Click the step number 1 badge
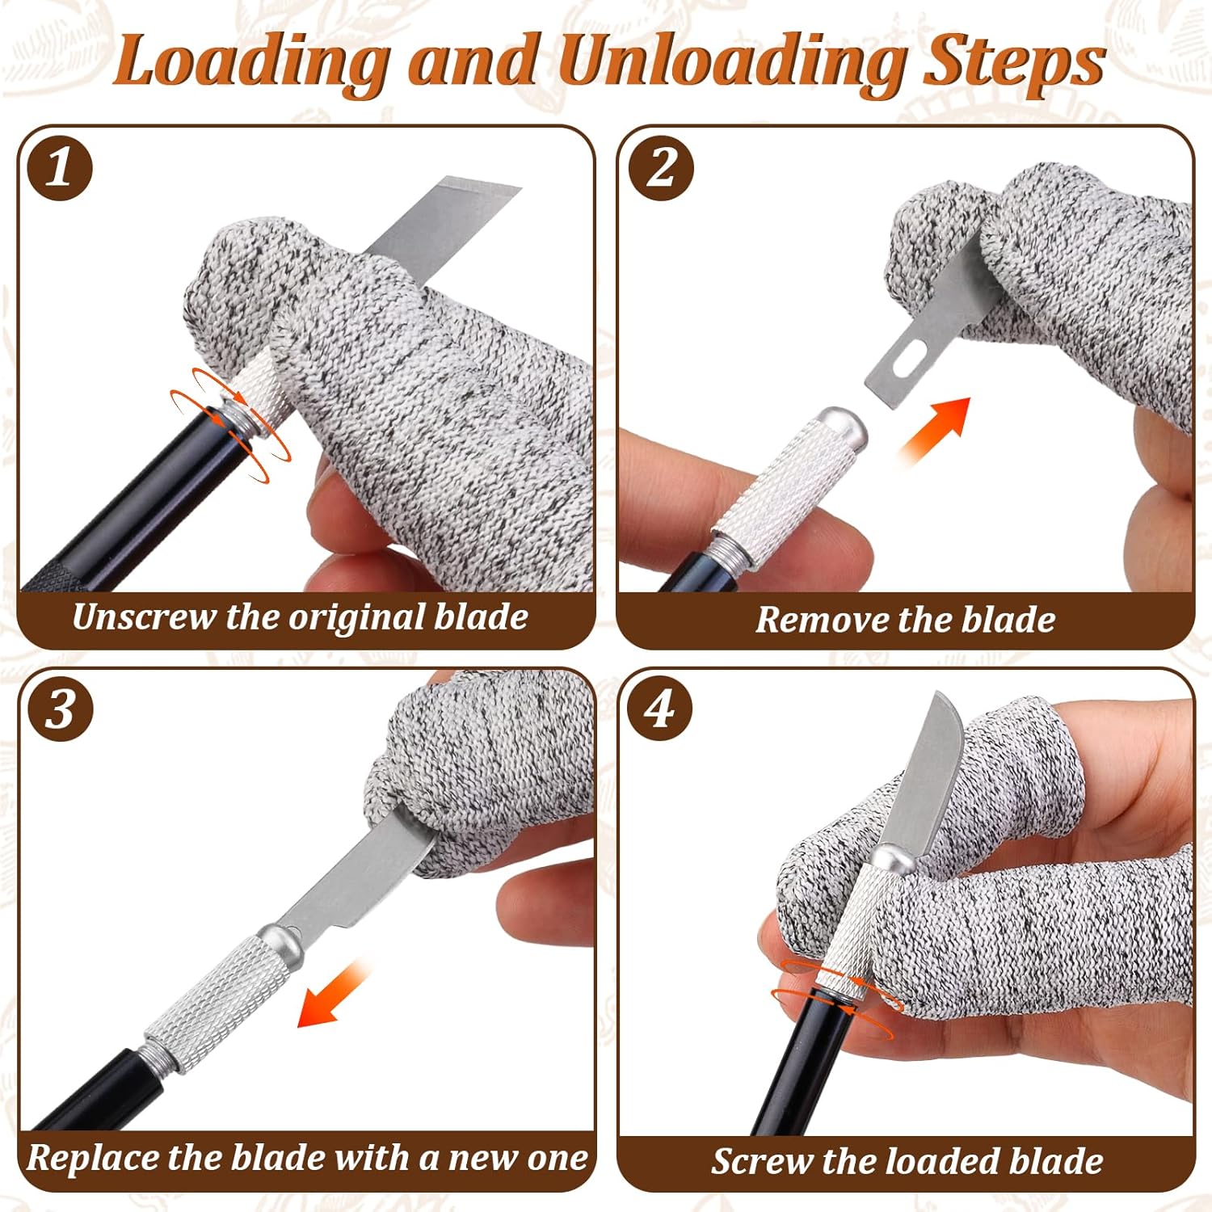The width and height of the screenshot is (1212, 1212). (60, 169)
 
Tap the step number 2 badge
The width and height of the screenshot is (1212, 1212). (662, 169)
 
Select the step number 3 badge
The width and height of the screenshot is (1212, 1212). (60, 709)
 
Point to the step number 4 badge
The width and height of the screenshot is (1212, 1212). (660, 709)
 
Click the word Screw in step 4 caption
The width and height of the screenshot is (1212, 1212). (760, 1161)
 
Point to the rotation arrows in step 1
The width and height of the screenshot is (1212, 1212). (230, 424)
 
